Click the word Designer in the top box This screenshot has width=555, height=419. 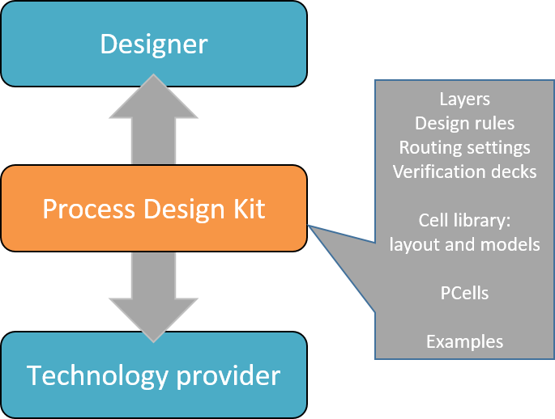(x=154, y=44)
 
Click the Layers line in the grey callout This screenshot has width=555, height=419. (x=464, y=99)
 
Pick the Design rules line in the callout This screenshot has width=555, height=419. (x=464, y=124)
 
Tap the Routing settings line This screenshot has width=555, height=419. (x=464, y=148)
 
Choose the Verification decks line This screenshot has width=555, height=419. (x=464, y=171)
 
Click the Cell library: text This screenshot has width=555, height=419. (x=464, y=221)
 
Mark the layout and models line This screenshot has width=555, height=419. (x=464, y=244)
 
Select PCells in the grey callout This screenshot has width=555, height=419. (x=464, y=292)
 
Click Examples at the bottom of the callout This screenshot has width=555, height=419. (x=464, y=341)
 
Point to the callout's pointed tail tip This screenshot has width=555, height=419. (x=311, y=227)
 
